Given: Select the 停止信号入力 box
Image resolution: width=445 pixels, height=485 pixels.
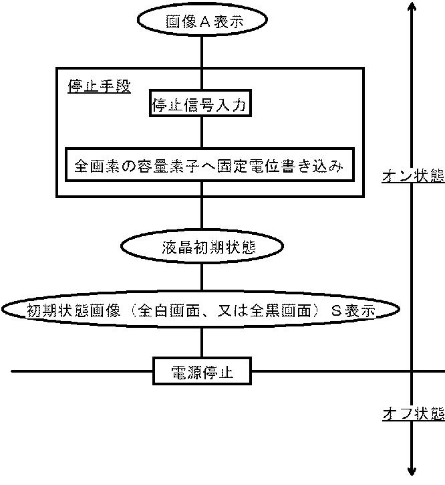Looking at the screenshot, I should pos(201,105).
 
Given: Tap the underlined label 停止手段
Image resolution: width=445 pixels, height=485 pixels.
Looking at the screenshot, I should pos(99,86).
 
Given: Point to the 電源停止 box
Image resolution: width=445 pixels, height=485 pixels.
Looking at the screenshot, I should pos(202,371).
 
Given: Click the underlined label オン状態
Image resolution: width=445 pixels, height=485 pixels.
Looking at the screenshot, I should pos(413,176).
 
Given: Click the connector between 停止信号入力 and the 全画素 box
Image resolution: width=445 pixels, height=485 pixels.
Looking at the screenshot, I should pos(201,134).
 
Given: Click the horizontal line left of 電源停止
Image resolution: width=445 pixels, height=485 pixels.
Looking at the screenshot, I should pos(80,371).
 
